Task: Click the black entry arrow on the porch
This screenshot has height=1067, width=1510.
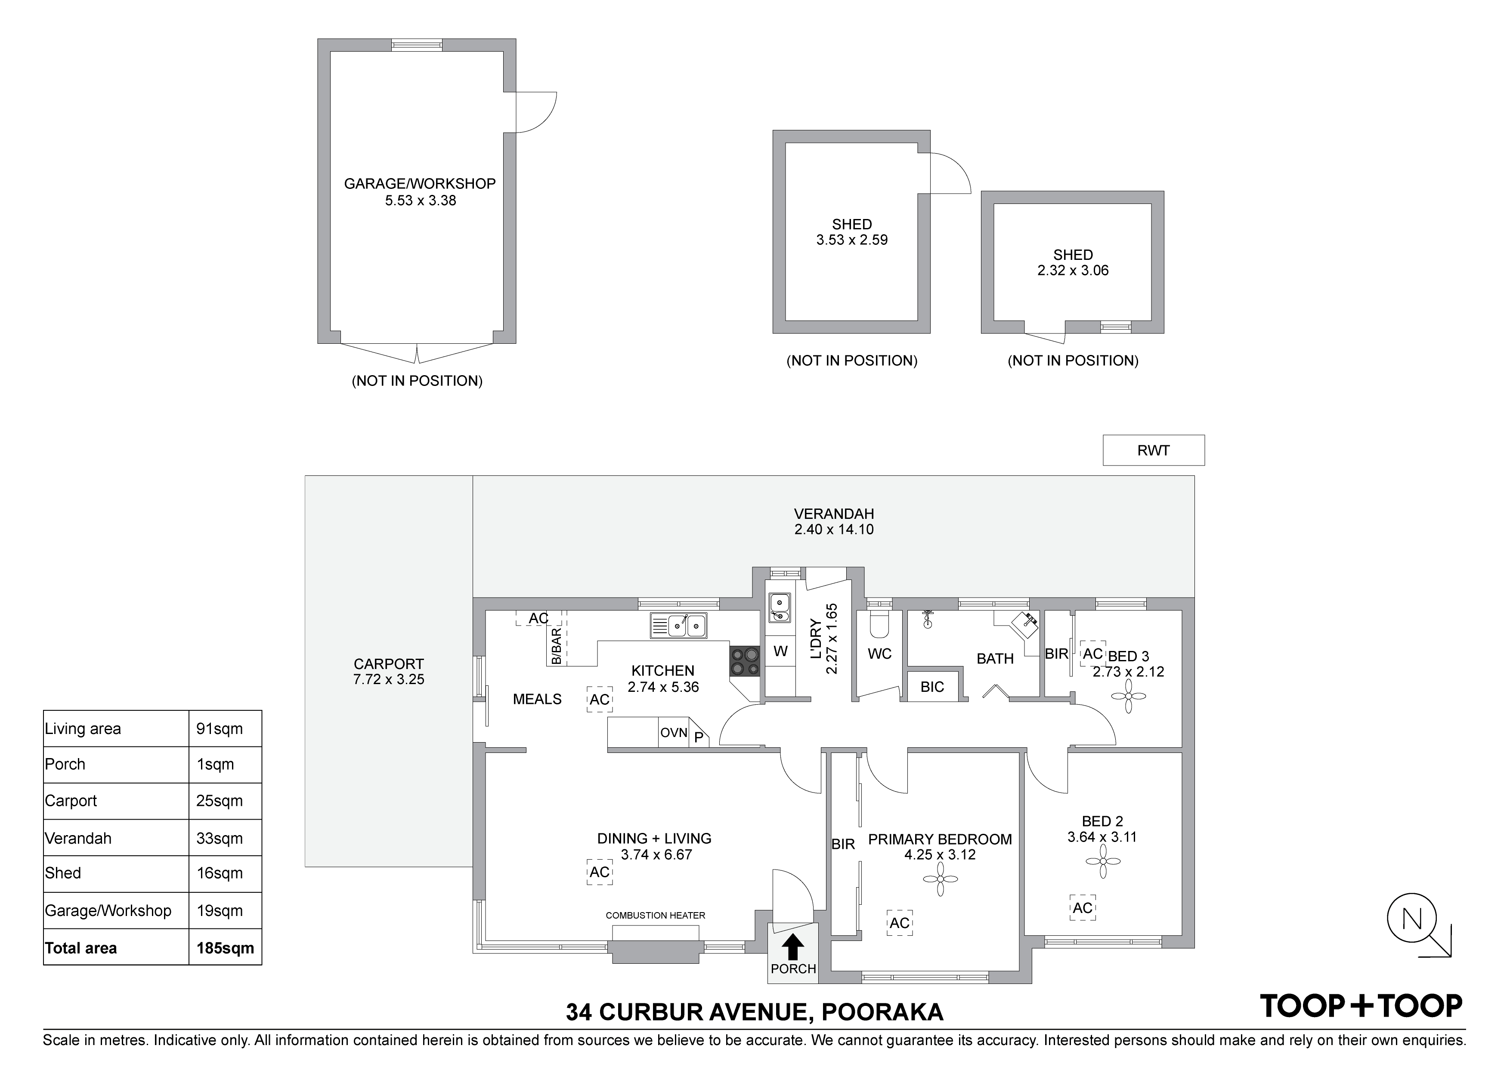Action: click(793, 947)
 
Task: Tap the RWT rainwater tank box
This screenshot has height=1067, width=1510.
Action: click(1154, 450)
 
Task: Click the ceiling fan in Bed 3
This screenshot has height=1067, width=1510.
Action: click(1129, 696)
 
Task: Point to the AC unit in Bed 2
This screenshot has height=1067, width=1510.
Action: click(1083, 908)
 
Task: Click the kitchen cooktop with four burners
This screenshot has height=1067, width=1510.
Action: click(745, 662)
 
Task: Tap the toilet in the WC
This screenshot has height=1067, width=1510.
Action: click(879, 624)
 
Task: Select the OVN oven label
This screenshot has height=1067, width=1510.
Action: click(674, 732)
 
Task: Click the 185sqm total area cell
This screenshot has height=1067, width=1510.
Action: click(225, 948)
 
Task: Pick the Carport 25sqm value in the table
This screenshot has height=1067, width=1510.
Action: click(220, 801)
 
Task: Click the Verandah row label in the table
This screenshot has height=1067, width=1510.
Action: click(78, 838)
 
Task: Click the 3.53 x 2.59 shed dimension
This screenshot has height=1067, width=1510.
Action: click(852, 240)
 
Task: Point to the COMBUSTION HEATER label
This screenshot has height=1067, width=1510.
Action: click(655, 915)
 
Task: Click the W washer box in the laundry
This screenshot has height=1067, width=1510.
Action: click(781, 651)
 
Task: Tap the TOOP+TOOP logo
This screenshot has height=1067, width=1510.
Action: click(1361, 1006)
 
